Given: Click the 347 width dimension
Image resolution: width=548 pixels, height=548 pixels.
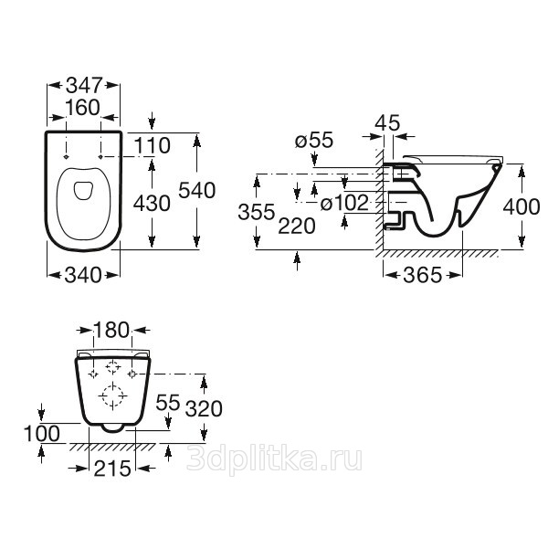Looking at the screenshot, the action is tap(84, 85).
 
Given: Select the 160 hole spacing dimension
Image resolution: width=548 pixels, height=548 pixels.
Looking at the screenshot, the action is tap(83, 107).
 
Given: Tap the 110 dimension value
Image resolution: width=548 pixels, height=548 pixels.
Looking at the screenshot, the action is tap(153, 145).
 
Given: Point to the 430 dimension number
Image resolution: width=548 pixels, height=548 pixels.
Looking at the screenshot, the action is tap(152, 203).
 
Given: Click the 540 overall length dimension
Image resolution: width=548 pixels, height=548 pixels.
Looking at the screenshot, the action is tap(196, 191).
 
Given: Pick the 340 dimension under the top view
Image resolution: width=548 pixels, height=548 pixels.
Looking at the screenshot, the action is tap(83, 275).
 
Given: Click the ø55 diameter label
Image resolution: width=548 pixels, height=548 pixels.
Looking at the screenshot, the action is tap(314, 141).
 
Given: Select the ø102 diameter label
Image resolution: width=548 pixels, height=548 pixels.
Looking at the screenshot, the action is tap(344, 203).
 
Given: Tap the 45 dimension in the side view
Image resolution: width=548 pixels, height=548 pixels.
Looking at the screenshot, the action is tap(387, 122).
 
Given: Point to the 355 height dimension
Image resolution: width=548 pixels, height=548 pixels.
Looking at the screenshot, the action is tap(257, 212).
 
